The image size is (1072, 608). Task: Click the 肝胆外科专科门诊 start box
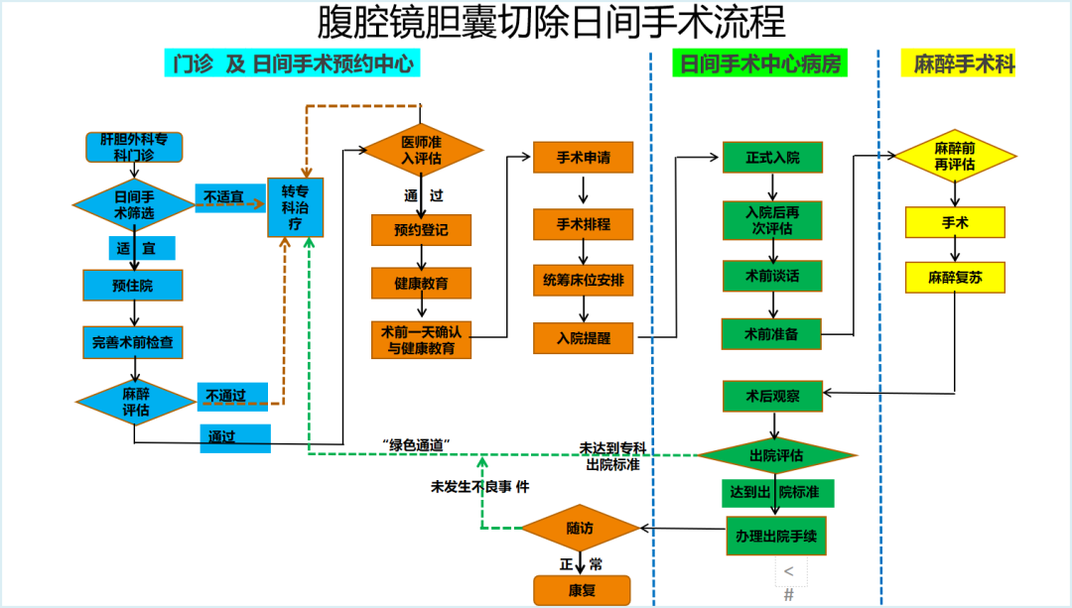(134, 148)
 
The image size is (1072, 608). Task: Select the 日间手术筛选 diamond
(134, 205)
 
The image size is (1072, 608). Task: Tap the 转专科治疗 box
(296, 207)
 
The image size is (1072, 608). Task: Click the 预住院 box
(133, 286)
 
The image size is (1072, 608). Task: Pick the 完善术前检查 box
(133, 342)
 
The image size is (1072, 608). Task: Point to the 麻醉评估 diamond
(135, 403)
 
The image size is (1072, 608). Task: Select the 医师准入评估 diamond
(421, 151)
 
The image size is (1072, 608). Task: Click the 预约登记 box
(421, 230)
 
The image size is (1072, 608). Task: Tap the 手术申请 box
(584, 158)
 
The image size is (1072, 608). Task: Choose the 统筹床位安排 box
(584, 280)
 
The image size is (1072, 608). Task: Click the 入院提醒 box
(584, 338)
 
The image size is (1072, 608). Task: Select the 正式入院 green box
(772, 158)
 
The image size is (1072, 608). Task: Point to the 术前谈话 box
(772, 276)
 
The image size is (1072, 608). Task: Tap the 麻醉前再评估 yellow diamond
(955, 157)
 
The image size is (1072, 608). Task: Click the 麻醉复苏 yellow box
(955, 278)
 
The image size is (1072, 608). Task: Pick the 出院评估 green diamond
(776, 455)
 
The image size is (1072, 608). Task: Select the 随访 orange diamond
(580, 528)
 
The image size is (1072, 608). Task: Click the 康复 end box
(582, 590)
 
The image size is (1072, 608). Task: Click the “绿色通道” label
(416, 444)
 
